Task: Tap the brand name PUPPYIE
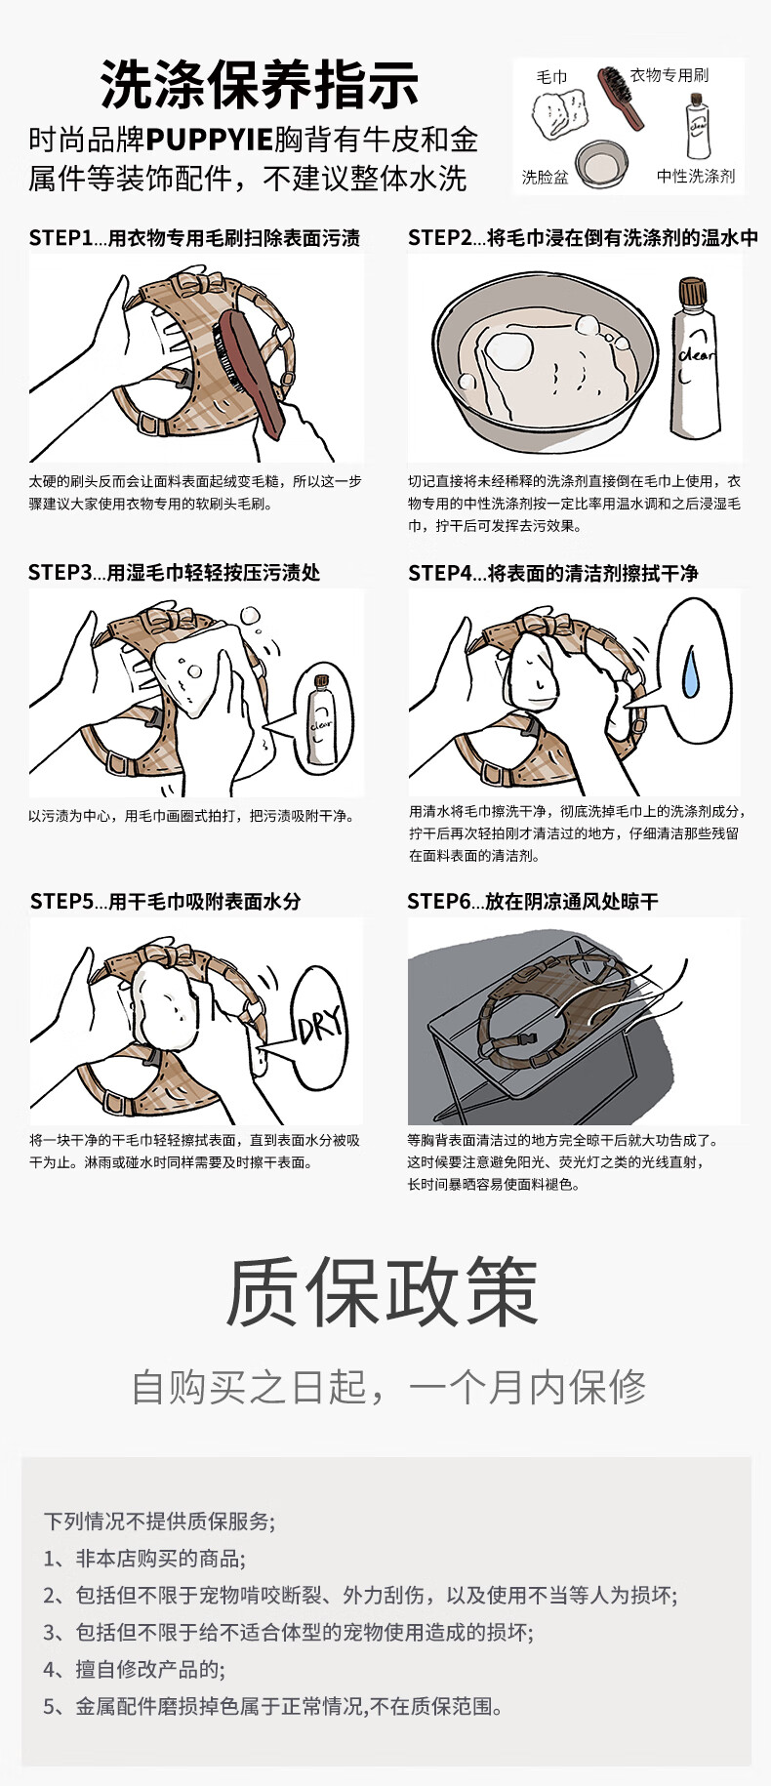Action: coord(209,140)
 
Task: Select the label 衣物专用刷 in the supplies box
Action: coord(670,74)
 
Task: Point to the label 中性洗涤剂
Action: coord(696,176)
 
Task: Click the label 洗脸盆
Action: coord(545,177)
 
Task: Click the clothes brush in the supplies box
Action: coord(621,97)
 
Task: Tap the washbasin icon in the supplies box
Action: coord(601,163)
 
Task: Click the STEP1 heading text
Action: coord(194,238)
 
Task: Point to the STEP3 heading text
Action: coord(174,573)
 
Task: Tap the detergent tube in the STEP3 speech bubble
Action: coord(320,720)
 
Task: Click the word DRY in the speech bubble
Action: coord(321,1024)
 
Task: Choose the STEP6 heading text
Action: coord(533,902)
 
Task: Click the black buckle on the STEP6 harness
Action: coord(529,1042)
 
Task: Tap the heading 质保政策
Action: coord(383,1291)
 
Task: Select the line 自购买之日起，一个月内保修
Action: coord(388,1387)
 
